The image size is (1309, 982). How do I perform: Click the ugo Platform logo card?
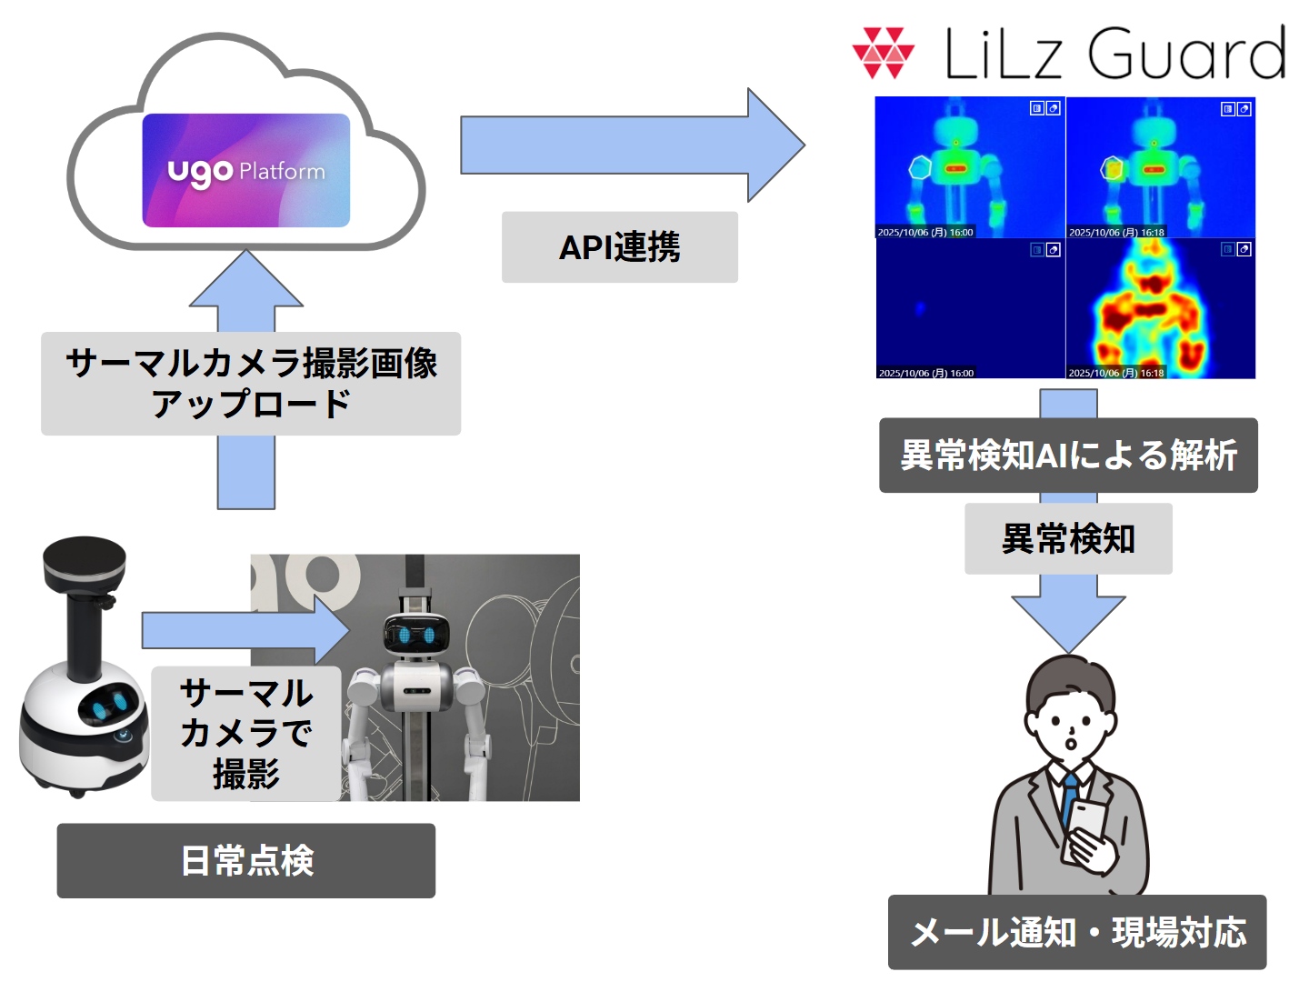[x=245, y=170]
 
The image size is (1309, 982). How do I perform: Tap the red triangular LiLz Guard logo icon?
[x=883, y=53]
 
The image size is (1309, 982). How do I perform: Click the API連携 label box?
[x=619, y=247]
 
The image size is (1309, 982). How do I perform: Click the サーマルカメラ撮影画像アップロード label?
[x=251, y=383]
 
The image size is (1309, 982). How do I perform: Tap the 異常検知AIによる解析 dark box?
[x=1068, y=456]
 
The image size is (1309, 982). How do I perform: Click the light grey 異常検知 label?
[x=1068, y=539]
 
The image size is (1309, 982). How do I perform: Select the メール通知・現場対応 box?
[x=1077, y=932]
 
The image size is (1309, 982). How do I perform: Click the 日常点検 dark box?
[x=246, y=860]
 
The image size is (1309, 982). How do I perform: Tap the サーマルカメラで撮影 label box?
[x=245, y=733]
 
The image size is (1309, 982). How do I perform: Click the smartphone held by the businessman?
[x=1087, y=822]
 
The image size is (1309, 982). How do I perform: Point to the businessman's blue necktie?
[x=1070, y=800]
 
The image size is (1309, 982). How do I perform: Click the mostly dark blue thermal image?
[x=969, y=308]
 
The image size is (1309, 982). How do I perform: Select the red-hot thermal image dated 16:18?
[x=1160, y=308]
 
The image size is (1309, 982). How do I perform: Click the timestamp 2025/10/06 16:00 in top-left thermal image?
[x=925, y=233]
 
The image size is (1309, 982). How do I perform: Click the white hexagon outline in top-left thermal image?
[x=921, y=167]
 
